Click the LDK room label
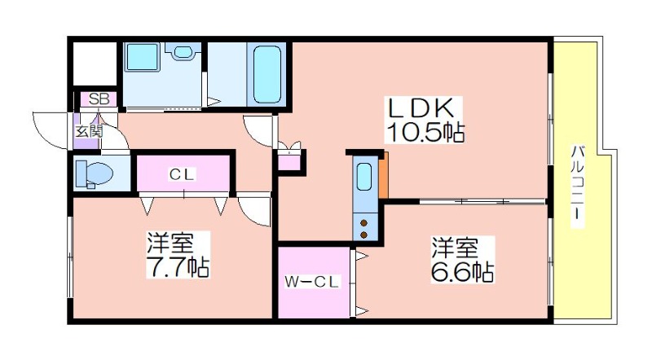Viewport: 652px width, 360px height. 420,108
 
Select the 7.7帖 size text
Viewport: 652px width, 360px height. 178,266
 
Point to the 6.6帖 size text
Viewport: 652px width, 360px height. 462,271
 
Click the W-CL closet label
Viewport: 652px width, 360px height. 312,282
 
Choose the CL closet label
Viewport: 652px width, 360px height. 182,174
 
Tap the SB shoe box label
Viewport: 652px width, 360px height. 99,99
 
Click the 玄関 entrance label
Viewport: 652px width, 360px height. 89,131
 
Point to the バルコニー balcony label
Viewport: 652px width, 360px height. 577,187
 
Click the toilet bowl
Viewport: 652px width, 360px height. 95,173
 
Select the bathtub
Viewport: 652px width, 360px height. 267,74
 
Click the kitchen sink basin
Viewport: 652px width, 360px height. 364,177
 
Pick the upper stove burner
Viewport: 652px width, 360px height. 363,222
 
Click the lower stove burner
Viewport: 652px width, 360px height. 363,235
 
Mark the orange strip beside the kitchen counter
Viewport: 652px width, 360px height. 383,175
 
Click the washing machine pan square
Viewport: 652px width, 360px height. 143,56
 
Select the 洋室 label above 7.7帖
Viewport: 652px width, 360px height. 170,243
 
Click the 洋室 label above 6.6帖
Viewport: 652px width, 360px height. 455,248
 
